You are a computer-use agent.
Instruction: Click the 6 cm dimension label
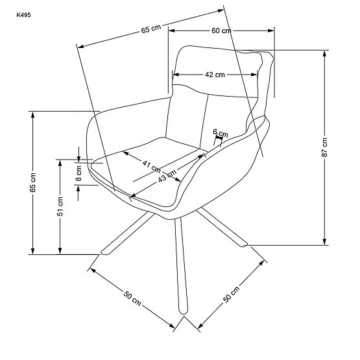click(x=221, y=133)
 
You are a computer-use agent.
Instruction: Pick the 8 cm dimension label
click(x=79, y=172)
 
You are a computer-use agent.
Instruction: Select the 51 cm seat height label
click(x=60, y=205)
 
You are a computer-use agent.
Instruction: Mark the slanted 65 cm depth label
click(x=150, y=29)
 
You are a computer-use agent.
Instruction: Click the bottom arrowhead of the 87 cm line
click(x=324, y=244)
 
